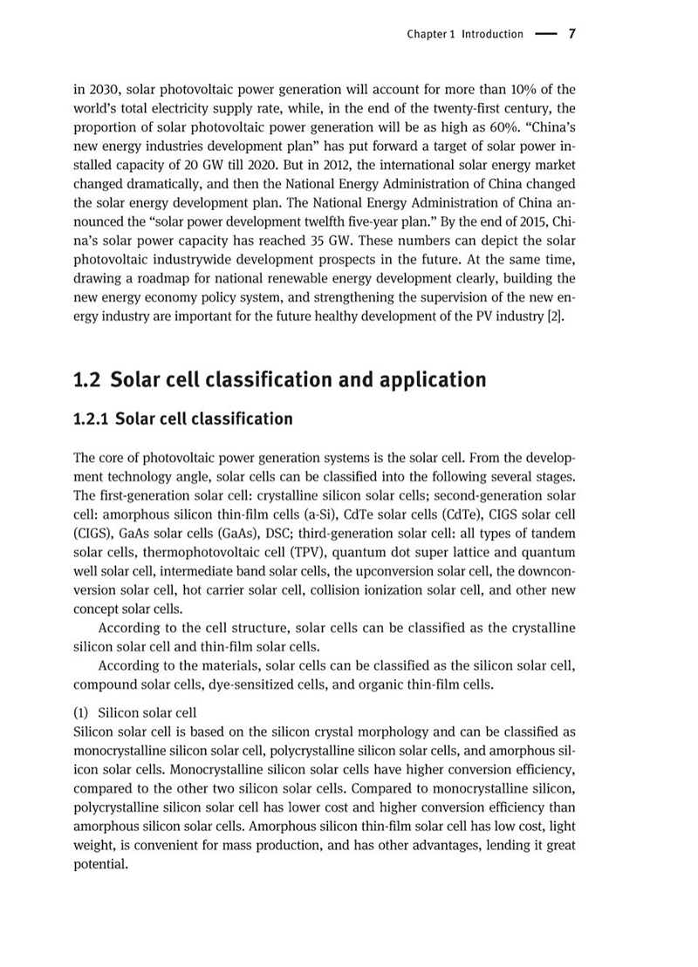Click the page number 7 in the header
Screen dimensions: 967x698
coord(571,34)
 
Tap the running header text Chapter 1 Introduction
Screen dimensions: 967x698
coord(465,35)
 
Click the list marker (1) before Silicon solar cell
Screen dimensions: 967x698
coord(83,712)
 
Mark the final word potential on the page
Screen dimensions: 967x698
coord(100,865)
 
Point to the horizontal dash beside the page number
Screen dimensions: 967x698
coord(545,35)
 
